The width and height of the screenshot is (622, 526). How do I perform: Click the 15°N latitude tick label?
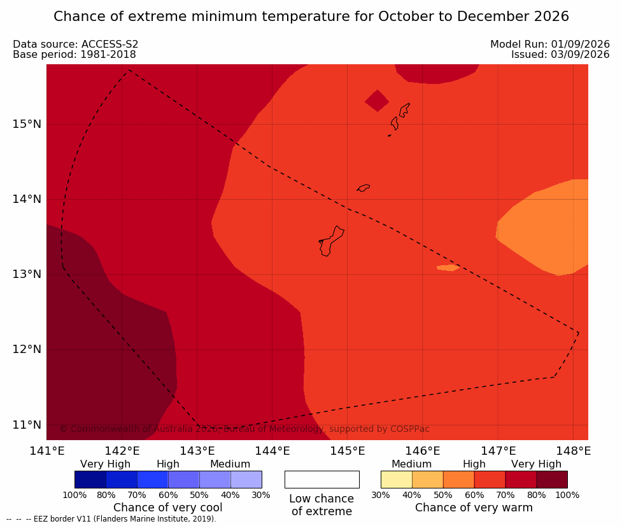pyautogui.click(x=27, y=124)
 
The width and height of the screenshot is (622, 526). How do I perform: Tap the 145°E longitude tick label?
pyautogui.click(x=348, y=451)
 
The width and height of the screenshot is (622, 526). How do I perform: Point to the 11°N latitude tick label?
pyautogui.click(x=27, y=425)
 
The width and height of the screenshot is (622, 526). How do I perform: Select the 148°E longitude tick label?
pyautogui.click(x=573, y=451)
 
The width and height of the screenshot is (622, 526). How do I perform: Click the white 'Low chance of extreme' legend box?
pyautogui.click(x=322, y=480)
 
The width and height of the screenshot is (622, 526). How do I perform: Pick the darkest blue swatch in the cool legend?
pyautogui.click(x=90, y=480)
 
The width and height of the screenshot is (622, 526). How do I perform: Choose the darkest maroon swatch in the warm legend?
pyautogui.click(x=552, y=480)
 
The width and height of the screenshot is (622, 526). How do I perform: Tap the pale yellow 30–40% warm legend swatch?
pyautogui.click(x=396, y=480)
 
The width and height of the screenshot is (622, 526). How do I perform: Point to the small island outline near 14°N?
pyautogui.click(x=364, y=188)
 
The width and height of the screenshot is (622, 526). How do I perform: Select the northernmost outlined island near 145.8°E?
pyautogui.click(x=404, y=110)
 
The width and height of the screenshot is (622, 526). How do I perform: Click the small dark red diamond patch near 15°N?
pyautogui.click(x=377, y=100)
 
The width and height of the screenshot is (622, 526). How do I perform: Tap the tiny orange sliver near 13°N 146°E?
pyautogui.click(x=448, y=268)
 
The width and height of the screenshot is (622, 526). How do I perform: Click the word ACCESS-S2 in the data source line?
pyautogui.click(x=110, y=45)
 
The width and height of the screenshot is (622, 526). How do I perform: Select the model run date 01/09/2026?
pyautogui.click(x=580, y=45)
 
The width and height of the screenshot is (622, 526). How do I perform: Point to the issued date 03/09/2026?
pyautogui.click(x=580, y=55)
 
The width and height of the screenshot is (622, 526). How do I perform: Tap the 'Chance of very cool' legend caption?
pyautogui.click(x=168, y=508)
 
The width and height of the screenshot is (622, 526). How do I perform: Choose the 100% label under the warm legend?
pyautogui.click(x=568, y=495)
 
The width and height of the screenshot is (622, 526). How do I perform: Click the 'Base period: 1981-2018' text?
pyautogui.click(x=74, y=55)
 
